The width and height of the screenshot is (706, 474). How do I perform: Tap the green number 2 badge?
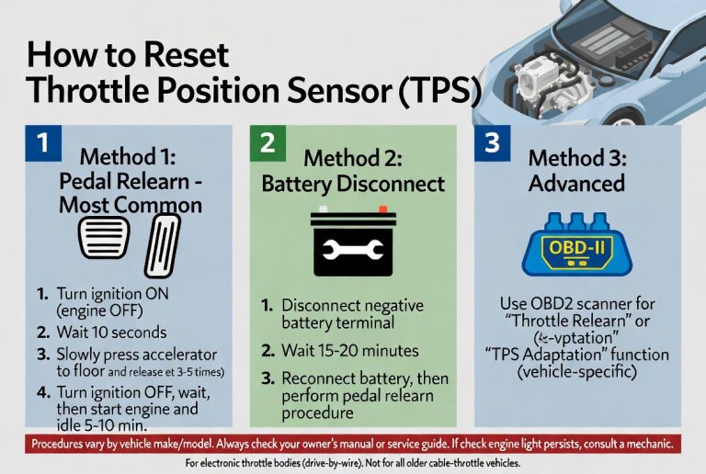click(268, 144)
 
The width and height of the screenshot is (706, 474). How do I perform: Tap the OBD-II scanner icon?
click(576, 249)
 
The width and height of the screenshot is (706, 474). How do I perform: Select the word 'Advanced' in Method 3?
click(576, 183)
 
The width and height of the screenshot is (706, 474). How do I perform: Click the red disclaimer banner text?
click(352, 444)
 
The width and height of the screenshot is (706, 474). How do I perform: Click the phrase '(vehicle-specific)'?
click(577, 374)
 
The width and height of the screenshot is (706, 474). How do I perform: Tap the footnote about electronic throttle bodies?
click(352, 462)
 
